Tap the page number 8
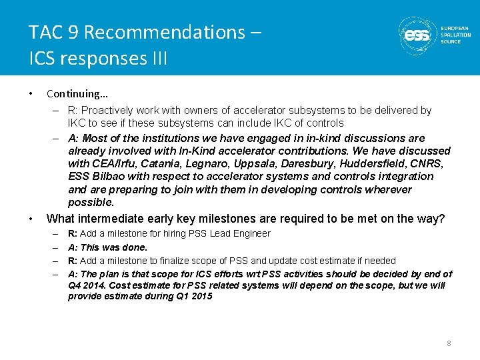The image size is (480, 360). [x=449, y=343]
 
